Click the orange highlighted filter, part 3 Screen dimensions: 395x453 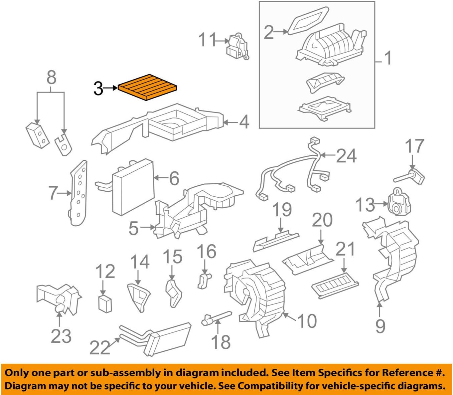(147, 87)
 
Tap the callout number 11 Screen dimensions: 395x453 (207, 40)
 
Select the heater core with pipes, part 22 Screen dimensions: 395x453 (166, 338)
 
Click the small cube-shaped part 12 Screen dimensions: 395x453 (105, 303)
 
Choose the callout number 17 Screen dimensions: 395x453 (414, 146)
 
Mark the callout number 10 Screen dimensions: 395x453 (307, 321)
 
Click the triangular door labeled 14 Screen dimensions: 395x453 (139, 296)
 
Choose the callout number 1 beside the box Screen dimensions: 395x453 (388, 58)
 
